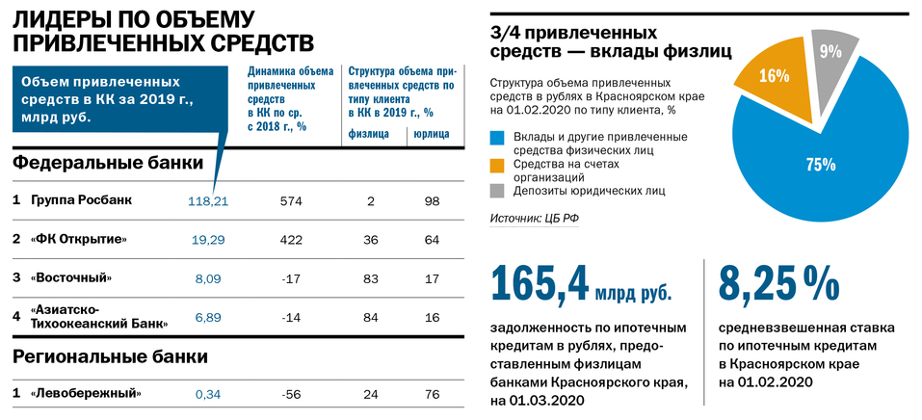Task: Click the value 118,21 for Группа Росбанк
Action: tap(208, 200)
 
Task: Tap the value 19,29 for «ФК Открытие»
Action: tap(208, 239)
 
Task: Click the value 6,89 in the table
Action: tap(208, 316)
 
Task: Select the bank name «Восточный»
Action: tap(71, 277)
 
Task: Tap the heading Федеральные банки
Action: tap(108, 163)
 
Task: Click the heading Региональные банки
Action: tap(111, 356)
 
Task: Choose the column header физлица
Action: tap(368, 134)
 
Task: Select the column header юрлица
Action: tap(431, 134)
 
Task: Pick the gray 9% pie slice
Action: tap(830, 53)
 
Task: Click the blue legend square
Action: tap(496, 137)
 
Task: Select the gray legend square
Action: tap(496, 191)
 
